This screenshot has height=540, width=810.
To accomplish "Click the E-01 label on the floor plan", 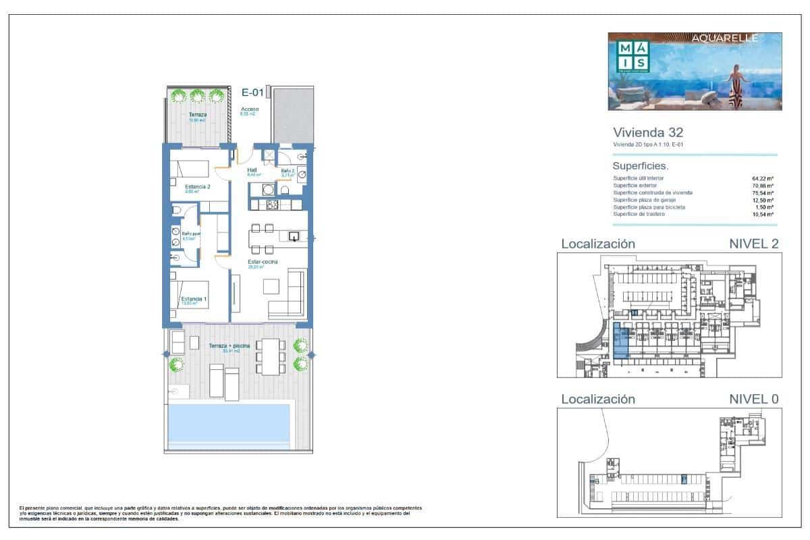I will [252, 93].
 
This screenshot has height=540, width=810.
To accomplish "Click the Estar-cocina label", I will [263, 262].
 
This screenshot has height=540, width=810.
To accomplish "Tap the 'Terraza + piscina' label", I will [230, 346].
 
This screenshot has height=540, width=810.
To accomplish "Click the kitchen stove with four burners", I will [273, 204].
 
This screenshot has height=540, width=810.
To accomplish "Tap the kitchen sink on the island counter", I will [294, 236].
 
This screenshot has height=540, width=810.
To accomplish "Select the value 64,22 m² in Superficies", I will [763, 178].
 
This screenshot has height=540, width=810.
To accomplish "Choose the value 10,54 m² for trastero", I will [763, 215].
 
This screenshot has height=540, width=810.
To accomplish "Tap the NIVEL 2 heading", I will [754, 244].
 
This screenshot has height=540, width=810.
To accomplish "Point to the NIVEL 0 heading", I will [754, 399].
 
